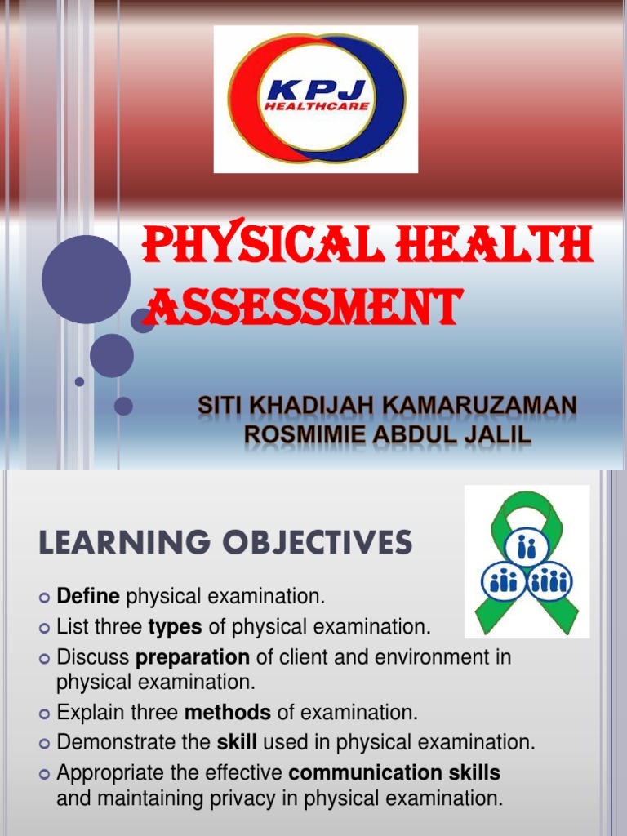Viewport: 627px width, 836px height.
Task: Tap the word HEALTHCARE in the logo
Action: pos(315,106)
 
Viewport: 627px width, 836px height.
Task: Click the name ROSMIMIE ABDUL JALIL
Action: pos(388,435)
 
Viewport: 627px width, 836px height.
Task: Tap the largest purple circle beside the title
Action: pos(86,279)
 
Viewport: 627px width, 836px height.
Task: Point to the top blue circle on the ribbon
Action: pos(527,546)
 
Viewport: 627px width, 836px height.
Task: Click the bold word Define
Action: pos(88,597)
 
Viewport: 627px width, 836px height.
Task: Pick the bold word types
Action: pos(174,627)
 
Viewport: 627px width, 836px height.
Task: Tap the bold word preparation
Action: pos(193,657)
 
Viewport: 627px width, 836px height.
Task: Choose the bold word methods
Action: pos(228,712)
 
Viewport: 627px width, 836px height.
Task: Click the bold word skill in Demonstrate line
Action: pos(236,742)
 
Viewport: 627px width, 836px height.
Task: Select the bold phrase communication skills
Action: pos(394,772)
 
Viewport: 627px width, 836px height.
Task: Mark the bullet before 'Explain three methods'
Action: pos(45,714)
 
